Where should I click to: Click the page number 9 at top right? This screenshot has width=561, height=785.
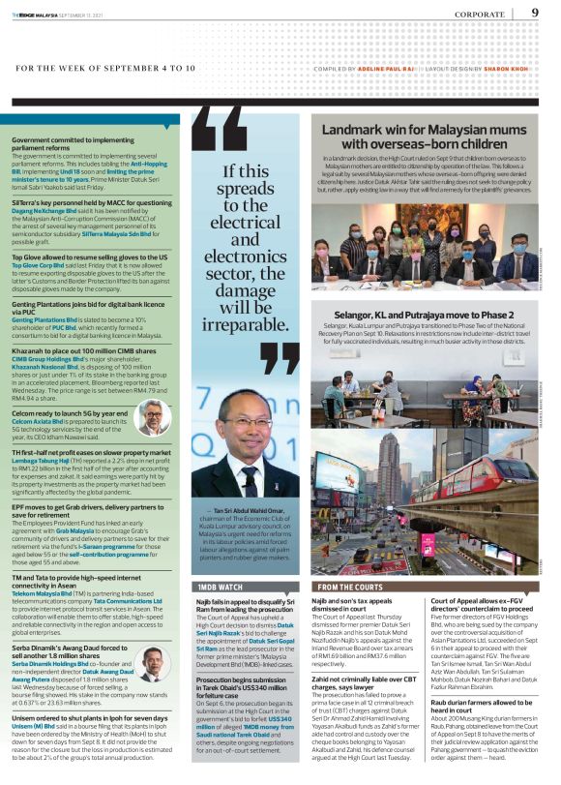click(535, 13)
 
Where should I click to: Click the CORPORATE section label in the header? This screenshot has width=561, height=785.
click(474, 15)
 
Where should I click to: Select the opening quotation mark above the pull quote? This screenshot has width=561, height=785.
click(220, 131)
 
